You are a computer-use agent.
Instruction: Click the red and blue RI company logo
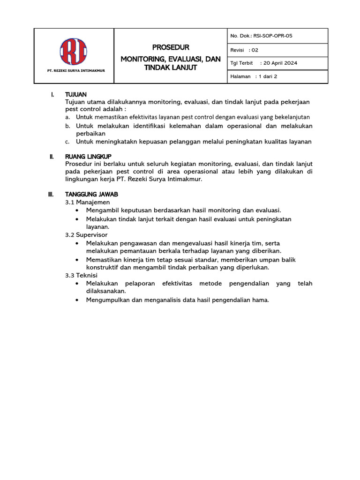[74, 52]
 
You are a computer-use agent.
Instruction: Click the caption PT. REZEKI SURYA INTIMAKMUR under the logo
[74, 71]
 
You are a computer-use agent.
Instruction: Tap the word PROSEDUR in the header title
[171, 47]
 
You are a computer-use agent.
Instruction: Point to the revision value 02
[255, 49]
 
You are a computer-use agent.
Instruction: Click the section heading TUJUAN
[76, 95]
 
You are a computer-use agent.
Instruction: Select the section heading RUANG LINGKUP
[88, 156]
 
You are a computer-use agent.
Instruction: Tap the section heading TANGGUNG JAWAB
[91, 194]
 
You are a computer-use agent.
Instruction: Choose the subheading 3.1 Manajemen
[87, 202]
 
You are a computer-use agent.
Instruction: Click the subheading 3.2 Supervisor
[86, 234]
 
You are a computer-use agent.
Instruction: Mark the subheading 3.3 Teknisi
[81, 275]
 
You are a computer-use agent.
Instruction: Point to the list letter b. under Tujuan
[68, 127]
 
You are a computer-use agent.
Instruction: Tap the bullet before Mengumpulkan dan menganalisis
[77, 300]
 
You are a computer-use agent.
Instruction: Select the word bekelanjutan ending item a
[293, 117]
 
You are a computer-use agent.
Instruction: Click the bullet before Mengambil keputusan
[77, 210]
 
